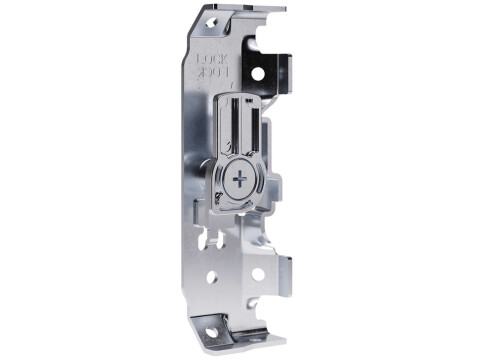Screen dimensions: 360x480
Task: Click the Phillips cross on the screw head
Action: click(x=241, y=181)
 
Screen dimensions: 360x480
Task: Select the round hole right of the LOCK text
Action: click(x=257, y=73)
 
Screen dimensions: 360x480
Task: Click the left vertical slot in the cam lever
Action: click(x=234, y=125)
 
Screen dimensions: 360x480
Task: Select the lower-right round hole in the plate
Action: click(x=257, y=273)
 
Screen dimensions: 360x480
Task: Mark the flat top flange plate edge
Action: click(x=245, y=7)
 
